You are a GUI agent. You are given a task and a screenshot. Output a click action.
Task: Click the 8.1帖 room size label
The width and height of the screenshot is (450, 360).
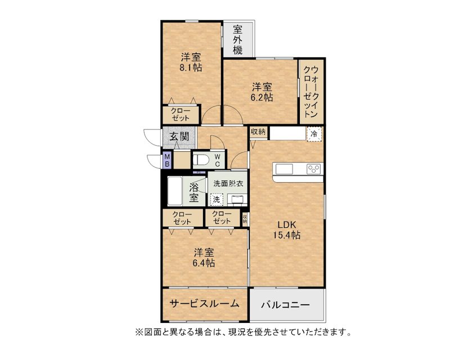coord(191,67)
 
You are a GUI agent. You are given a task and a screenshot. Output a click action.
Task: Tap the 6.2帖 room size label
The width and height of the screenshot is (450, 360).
coord(262,97)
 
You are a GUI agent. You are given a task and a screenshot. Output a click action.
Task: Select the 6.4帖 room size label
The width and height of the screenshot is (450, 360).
coord(204,263)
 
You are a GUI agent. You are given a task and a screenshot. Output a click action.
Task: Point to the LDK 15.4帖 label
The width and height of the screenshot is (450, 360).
coord(286,230)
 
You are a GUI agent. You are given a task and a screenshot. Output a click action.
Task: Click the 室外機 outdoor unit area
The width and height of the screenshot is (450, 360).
coord(238,39)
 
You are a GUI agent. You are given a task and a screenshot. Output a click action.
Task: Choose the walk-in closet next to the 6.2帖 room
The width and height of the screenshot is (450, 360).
coord(312,92)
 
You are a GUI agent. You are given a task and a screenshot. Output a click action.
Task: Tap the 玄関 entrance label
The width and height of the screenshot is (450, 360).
coord(179,136)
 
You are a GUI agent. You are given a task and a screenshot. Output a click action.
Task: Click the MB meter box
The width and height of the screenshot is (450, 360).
coord(166,160)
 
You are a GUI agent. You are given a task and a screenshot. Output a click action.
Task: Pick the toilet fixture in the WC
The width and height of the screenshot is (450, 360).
coord(201,160)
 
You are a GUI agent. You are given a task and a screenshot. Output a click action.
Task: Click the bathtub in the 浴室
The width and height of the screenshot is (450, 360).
coord(174,191)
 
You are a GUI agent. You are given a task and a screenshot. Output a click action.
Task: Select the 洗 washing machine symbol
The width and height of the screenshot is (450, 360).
coord(217,199)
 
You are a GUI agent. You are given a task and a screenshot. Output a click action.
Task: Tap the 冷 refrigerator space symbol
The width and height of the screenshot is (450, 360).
coord(314,134)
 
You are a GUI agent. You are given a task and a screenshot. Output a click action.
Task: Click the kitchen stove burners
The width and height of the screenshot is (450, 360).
coord(313,169)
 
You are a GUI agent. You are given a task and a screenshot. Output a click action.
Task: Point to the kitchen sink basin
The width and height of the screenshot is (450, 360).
coord(284,169)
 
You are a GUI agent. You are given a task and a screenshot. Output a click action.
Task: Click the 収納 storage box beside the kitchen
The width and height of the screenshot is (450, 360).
coord(258,132)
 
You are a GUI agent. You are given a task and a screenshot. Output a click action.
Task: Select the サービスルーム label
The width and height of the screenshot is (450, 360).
coord(204,303)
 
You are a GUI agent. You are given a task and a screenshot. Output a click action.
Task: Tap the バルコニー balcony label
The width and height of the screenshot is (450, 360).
coord(285,304)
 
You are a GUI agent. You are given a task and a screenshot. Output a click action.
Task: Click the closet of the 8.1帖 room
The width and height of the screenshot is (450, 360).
coord(181,115)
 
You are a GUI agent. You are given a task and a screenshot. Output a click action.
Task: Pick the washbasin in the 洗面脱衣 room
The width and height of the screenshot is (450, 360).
coord(237,199)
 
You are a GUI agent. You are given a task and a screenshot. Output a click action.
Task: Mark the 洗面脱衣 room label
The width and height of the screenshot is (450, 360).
coord(228,184)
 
